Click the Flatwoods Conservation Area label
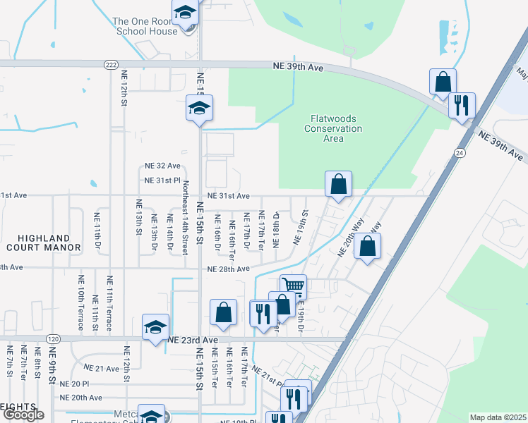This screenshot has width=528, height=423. [333, 128]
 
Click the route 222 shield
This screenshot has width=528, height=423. [110, 64]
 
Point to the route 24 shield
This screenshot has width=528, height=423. [460, 152]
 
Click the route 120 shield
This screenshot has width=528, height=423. [53, 339]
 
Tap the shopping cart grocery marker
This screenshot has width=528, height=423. [293, 286]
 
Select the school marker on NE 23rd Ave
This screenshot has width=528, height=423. [155, 326]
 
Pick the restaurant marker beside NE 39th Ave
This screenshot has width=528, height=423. [462, 105]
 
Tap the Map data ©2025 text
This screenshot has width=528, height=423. [498, 417]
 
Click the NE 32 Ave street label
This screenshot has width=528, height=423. [162, 166]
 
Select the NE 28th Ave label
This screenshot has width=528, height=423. [228, 269]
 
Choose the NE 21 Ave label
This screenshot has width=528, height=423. [102, 368]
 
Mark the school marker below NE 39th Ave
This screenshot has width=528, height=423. [199, 108]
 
